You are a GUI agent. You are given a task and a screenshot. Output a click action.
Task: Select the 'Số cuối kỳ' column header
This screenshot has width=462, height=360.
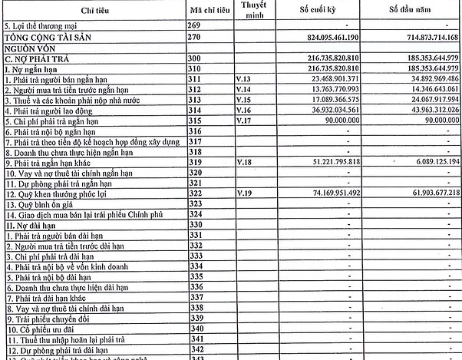(x=322, y=10)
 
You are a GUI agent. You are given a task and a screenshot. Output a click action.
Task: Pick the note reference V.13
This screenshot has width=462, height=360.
(x=244, y=78)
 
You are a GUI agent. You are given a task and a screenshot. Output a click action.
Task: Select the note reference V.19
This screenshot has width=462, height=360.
(x=244, y=192)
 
